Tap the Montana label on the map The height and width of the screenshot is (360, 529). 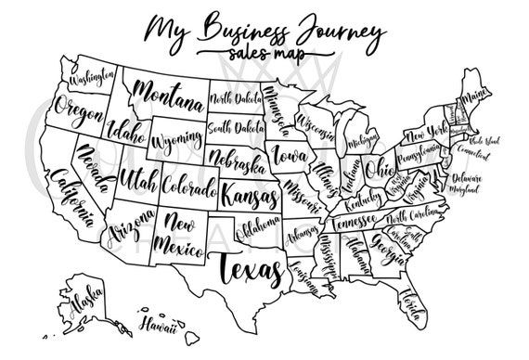[x=167, y=93]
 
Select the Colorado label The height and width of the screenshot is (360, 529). [x=188, y=186]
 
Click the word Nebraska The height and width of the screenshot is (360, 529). [x=235, y=161]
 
